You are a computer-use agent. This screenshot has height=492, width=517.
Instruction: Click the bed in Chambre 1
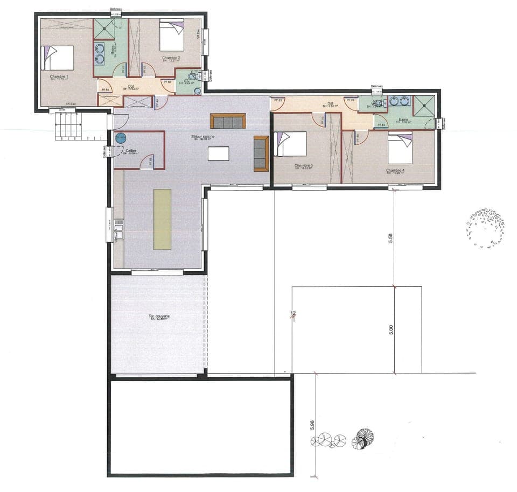tap(59, 58)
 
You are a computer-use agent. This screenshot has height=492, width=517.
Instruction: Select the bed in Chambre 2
tap(172, 36)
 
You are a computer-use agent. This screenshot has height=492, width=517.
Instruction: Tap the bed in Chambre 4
tap(400, 149)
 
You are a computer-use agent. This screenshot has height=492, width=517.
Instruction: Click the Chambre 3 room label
tap(304, 166)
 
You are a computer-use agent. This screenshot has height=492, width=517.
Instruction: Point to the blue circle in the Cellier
tap(121, 139)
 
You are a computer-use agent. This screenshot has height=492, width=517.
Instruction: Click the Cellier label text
tap(131, 151)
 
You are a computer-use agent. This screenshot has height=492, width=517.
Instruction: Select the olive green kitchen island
tap(162, 219)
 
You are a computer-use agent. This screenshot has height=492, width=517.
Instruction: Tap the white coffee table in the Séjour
tap(218, 154)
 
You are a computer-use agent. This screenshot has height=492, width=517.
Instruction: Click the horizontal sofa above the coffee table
tap(228, 121)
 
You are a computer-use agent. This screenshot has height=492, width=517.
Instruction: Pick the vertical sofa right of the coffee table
tap(261, 153)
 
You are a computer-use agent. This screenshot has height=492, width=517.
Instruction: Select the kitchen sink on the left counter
tap(118, 232)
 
